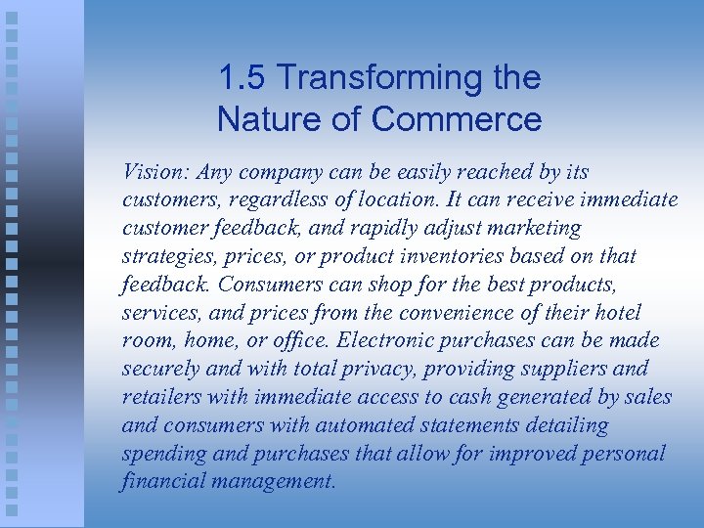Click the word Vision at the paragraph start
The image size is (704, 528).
[x=155, y=172]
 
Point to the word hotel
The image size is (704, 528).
[x=617, y=313]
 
